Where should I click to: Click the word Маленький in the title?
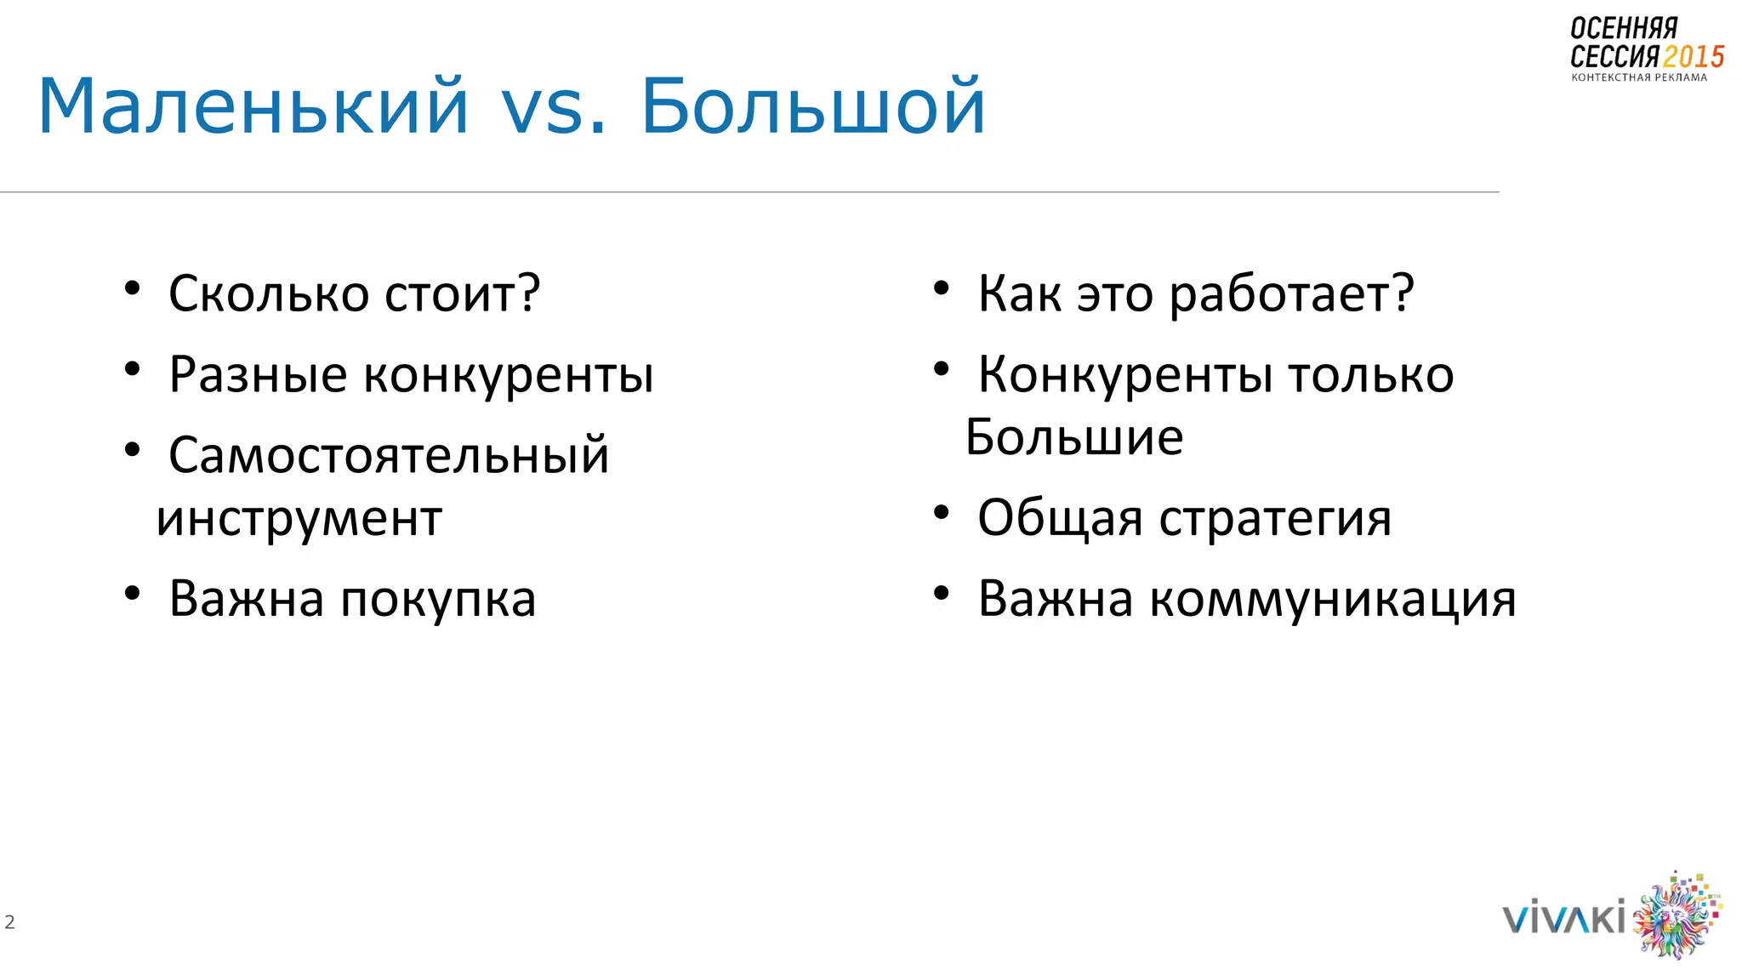coord(253,106)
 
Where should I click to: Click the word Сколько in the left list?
coord(268,293)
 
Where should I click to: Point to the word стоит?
coord(462,293)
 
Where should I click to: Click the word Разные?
coord(258,374)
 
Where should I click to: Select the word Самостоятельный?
coord(389,455)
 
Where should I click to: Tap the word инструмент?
coord(299,519)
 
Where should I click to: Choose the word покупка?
coord(438,599)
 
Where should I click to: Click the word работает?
coord(1291,295)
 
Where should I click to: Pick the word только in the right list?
coord(1370,374)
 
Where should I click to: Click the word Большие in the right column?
coord(1073,437)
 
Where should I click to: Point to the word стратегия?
coord(1275,518)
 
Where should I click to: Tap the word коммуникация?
coord(1332,599)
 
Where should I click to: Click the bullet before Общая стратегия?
coord(941,513)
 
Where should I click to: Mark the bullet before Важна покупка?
coord(132,594)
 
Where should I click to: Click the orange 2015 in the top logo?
coord(1693,57)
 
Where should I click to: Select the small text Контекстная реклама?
coord(1638,77)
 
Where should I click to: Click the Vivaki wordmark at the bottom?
coord(1563,919)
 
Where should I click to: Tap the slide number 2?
coord(9,921)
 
